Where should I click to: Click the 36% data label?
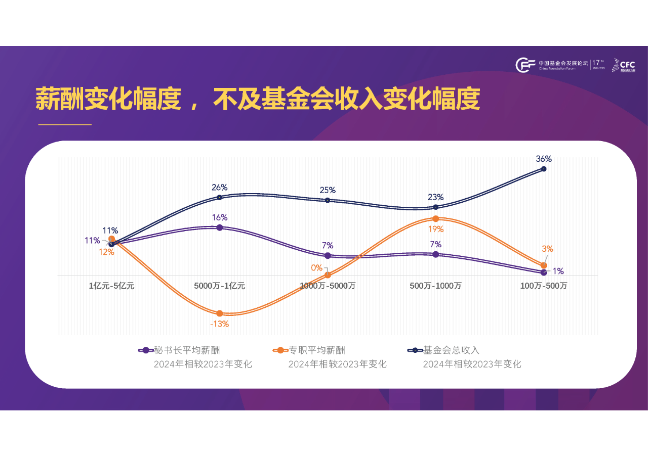tap(544, 159)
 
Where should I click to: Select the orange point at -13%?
tap(220, 313)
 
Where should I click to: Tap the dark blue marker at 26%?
tap(220, 197)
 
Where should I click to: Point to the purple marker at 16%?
tap(220, 227)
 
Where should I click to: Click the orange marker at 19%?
tap(435, 218)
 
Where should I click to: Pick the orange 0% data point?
tap(328, 275)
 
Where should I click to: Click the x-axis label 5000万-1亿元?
tap(220, 286)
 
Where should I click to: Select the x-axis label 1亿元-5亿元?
tap(112, 286)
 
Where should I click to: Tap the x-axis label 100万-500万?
tap(544, 286)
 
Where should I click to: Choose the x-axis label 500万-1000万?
tap(435, 286)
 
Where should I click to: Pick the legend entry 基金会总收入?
tap(451, 350)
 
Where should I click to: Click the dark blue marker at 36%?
tap(544, 169)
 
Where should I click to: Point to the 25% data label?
tap(328, 190)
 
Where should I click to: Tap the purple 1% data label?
tap(558, 271)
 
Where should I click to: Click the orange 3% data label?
tap(547, 249)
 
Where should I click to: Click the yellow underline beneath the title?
tap(63, 124)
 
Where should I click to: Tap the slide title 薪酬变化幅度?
tap(257, 99)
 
